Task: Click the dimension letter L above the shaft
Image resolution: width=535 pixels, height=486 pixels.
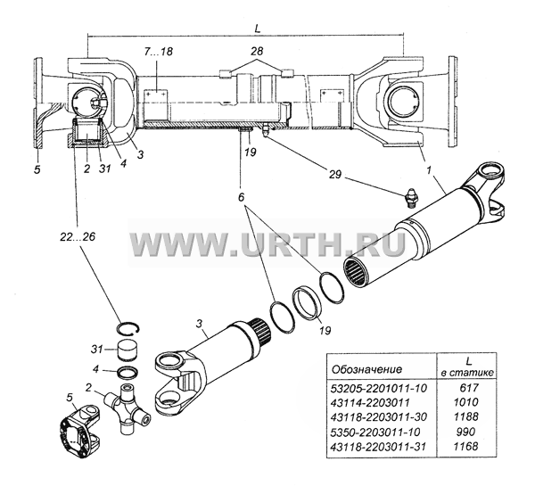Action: pos(258,29)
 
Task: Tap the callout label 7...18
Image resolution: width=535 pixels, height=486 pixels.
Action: pos(158,52)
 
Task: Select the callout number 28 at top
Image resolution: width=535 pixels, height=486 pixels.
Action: pos(257,51)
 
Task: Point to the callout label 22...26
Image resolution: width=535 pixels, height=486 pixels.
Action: pos(78,236)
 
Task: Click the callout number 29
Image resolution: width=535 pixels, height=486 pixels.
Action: pos(334,175)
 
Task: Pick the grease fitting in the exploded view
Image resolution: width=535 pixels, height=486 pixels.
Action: pos(411,197)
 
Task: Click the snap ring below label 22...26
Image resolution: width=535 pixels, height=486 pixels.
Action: pos(128,328)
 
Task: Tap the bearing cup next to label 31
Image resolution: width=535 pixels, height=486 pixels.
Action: pos(128,350)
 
